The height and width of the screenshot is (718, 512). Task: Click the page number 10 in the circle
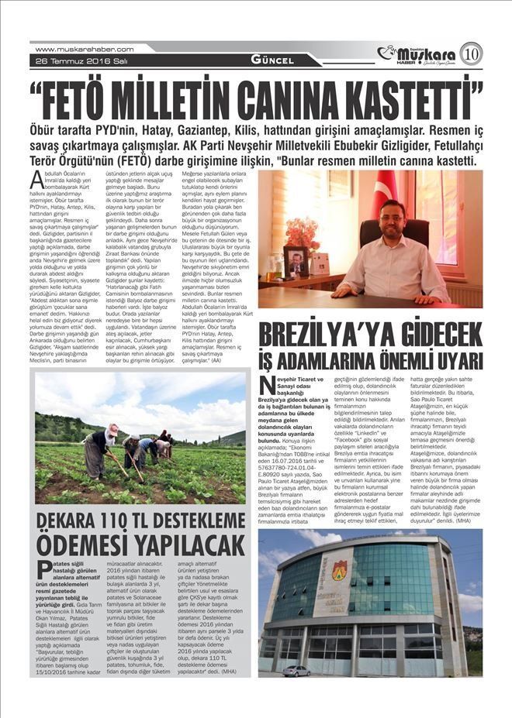pyautogui.click(x=471, y=54)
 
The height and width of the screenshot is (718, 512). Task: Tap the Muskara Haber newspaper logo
pyautogui.click(x=419, y=54)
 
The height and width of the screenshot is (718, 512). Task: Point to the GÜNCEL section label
pyautogui.click(x=272, y=60)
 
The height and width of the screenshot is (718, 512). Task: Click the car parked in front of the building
pyautogui.click(x=296, y=669)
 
